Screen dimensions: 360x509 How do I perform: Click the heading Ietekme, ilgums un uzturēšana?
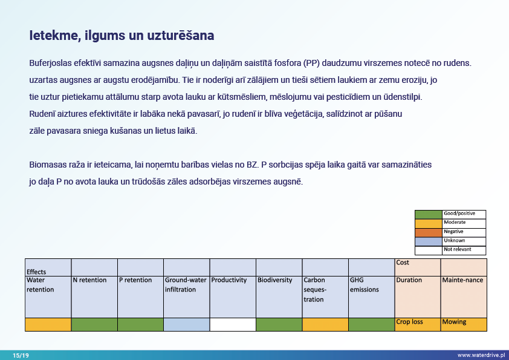coord(122,36)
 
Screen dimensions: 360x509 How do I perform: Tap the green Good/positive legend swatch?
coord(428,214)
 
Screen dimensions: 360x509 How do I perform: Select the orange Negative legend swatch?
coord(428,232)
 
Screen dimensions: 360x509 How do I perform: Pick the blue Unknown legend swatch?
coord(428,241)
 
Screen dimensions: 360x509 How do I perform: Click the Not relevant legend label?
coord(456,249)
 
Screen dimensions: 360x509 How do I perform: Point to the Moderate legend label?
coord(455,223)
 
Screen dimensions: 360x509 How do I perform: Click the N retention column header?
coord(89,280)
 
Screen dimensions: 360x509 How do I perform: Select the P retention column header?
coord(135,280)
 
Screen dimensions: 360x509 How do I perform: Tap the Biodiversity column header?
coord(275,280)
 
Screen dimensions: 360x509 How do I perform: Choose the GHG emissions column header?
coord(364,285)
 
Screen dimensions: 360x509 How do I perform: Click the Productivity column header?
coord(229,280)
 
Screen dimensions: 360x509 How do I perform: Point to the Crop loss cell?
coord(409,322)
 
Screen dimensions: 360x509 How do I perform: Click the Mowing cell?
coord(454,322)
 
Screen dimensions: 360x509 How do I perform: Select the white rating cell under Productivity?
coord(233,324)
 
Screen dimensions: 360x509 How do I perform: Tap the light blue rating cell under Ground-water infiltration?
coord(187,324)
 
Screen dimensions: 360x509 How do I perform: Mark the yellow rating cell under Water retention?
coord(48,324)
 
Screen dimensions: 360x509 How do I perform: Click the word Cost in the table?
coord(403,263)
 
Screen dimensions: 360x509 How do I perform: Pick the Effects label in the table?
coord(36,272)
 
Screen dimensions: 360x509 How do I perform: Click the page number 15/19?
coord(21,355)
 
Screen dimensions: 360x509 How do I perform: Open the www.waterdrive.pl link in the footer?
coord(481,355)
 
